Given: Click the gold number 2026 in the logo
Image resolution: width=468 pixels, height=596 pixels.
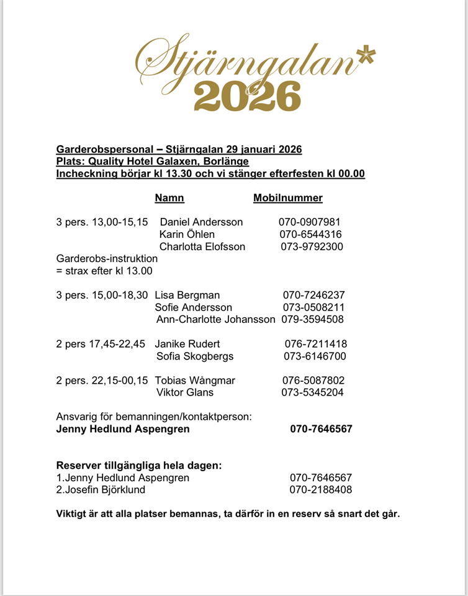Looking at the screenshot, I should point(248,96).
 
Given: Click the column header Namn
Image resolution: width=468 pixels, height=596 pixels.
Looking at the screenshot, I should point(169,198).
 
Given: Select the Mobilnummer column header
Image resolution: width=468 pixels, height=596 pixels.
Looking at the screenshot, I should point(288,198).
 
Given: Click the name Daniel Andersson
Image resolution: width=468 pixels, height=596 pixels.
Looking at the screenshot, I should point(201,222).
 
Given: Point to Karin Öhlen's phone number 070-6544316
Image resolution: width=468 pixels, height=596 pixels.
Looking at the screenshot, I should point(310,234).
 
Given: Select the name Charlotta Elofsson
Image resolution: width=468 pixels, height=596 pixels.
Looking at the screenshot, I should point(202,246).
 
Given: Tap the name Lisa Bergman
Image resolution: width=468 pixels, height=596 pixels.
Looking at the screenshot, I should point(187,295).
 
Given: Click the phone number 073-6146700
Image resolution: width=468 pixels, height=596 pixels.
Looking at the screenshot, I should point(313,356).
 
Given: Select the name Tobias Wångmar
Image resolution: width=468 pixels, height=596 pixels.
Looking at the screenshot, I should point(195,381).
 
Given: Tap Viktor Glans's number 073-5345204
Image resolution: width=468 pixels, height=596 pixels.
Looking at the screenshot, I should point(313,392).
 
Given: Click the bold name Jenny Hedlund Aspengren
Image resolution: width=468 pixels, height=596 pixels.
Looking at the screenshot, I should point(123,429).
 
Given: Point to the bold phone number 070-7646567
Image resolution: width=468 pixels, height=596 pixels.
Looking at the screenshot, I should point(321,429).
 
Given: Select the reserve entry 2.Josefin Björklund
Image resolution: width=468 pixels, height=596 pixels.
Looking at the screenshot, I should point(101,490).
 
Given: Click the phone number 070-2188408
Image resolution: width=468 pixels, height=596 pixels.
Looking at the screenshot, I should point(321,490).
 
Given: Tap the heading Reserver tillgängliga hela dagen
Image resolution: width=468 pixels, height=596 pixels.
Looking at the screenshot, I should point(139,466).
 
